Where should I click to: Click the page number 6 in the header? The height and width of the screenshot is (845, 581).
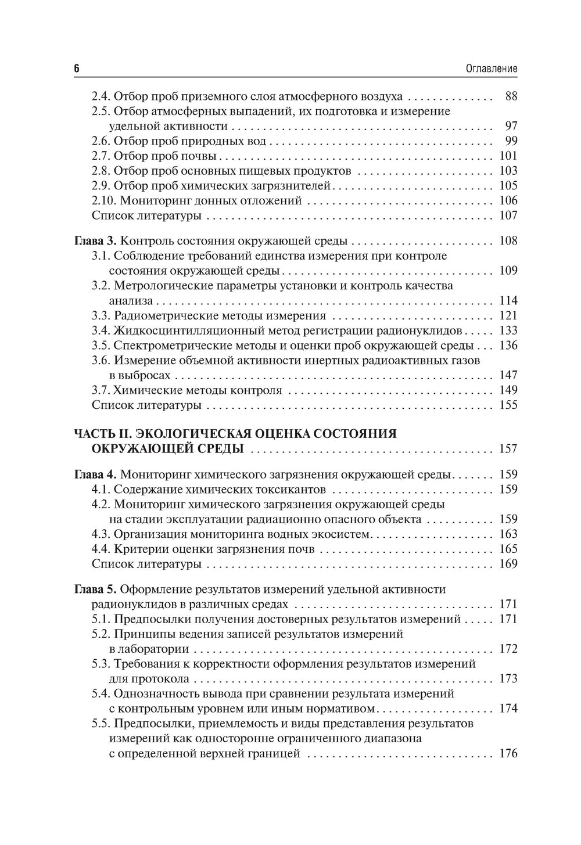(77, 69)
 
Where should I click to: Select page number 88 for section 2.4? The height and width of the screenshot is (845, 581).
(511, 96)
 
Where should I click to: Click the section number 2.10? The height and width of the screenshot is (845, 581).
(104, 201)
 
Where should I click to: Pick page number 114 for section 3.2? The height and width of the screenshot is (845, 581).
(508, 301)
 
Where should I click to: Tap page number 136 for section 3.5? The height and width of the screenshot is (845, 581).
(508, 346)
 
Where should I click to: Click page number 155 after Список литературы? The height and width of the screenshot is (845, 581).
(508, 405)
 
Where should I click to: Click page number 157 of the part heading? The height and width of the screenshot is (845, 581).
(508, 449)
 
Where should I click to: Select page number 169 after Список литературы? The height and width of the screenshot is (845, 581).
(508, 564)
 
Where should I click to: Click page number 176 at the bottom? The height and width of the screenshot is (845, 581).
(508, 754)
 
